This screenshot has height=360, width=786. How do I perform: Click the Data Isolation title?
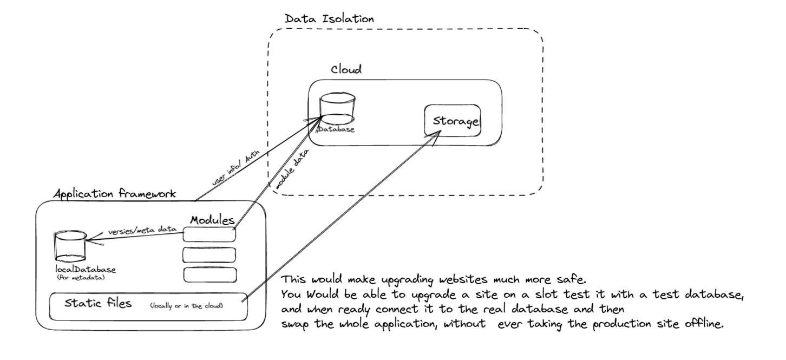click(329, 18)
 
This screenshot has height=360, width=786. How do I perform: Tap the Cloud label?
click(346, 71)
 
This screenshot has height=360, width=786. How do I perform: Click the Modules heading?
click(212, 221)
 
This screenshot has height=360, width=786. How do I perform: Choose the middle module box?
click(209, 254)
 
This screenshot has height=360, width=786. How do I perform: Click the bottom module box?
click(209, 274)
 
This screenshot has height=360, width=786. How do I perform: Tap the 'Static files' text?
click(98, 303)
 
